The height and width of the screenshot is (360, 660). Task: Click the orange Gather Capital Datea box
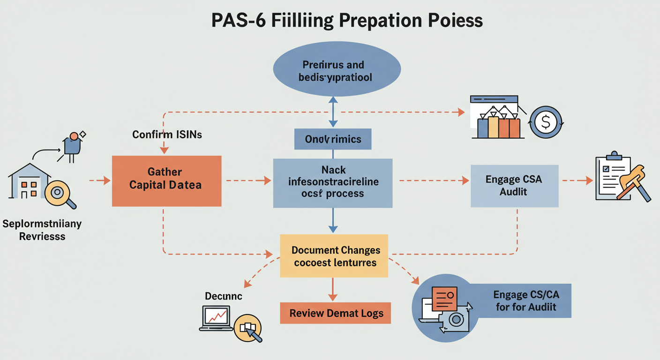coord(166,181)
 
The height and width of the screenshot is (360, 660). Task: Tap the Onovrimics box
coord(333,139)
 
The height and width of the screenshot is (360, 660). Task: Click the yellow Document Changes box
coord(334,256)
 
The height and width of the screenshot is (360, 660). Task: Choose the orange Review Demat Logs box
coord(335,313)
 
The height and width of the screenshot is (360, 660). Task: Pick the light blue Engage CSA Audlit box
coord(514,186)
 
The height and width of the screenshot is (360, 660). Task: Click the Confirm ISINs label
coord(167,135)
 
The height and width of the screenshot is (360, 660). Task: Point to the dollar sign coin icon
coord(546,122)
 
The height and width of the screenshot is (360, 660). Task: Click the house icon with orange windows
coord(29,183)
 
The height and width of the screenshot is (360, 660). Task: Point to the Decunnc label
coord(224,296)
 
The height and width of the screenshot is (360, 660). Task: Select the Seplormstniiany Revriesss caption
coord(42,230)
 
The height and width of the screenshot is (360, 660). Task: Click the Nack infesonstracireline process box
coord(333,183)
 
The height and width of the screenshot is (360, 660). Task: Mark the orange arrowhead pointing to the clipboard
coord(589,180)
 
